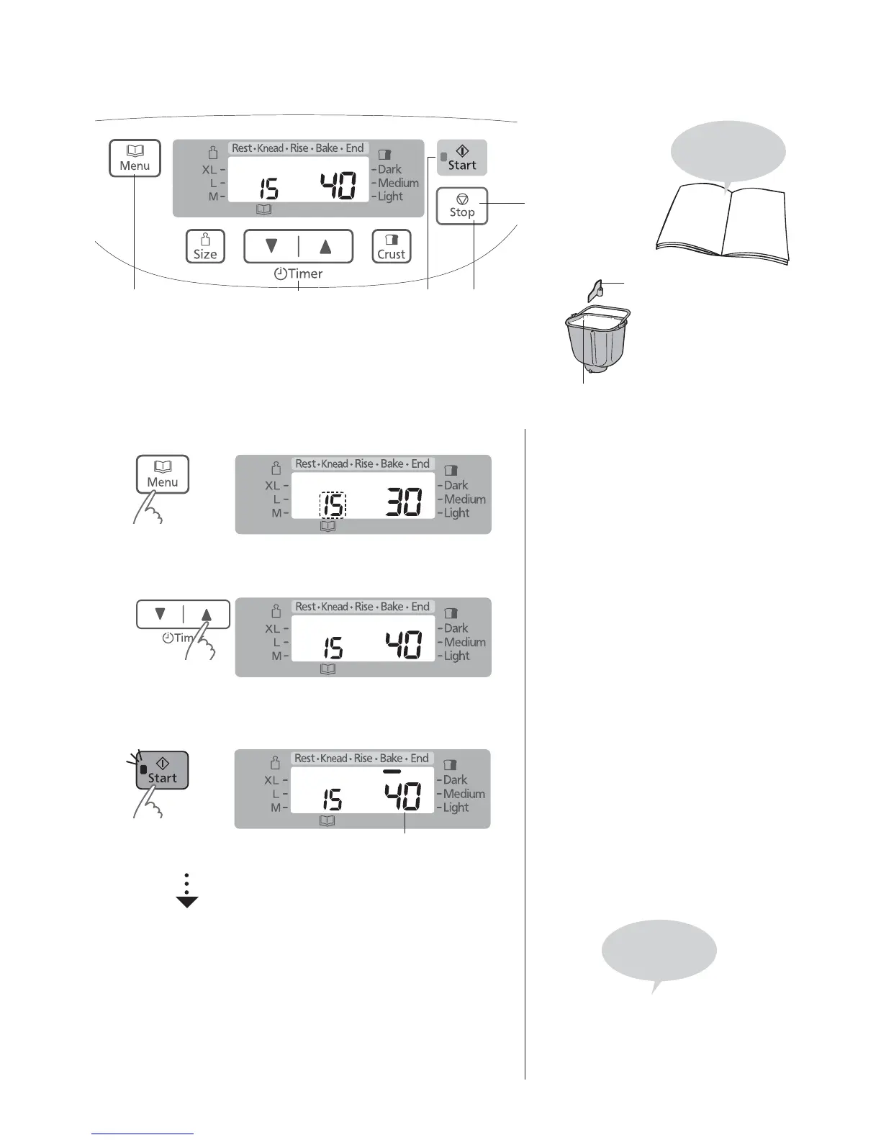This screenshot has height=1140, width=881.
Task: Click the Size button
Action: click(x=205, y=247)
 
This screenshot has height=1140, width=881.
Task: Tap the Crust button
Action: click(x=392, y=247)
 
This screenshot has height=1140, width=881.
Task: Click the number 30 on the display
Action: click(x=404, y=502)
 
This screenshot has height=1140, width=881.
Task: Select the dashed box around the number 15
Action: click(x=333, y=505)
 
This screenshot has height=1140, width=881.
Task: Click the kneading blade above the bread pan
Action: click(x=595, y=290)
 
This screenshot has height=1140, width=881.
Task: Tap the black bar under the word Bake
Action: click(x=392, y=770)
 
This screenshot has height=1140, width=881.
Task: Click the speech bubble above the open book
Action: click(x=728, y=153)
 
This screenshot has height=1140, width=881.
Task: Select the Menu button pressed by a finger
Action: click(x=163, y=474)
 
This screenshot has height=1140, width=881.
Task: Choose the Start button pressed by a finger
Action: click(x=163, y=770)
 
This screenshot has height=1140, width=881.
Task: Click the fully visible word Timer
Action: click(x=306, y=274)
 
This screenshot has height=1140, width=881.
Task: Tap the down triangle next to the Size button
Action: click(x=271, y=246)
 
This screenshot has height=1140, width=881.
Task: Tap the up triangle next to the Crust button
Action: click(x=325, y=246)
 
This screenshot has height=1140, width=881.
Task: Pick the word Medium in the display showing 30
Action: click(x=464, y=499)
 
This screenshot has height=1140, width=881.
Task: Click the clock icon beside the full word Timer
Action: click(x=280, y=274)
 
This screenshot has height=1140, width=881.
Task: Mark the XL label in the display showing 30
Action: click(x=272, y=486)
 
